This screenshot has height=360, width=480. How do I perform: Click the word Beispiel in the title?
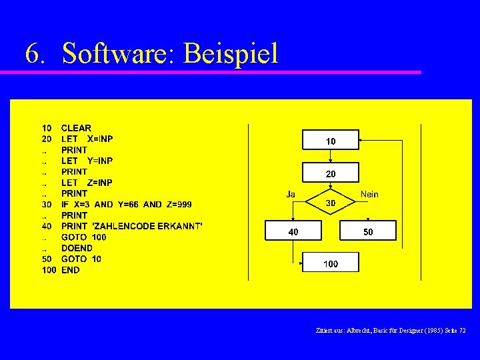[230, 53]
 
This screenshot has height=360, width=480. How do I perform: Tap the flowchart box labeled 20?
[331, 173]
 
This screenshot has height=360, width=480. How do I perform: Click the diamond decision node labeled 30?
[331, 202]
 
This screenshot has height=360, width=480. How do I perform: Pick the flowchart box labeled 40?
[293, 231]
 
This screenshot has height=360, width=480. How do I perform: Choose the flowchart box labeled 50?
[368, 231]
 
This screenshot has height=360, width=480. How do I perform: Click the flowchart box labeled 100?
[331, 262]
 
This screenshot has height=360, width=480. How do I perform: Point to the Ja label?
[291, 194]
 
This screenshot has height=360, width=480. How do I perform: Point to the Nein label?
[369, 194]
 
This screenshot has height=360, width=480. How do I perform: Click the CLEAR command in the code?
[76, 128]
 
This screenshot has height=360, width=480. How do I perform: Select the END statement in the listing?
[70, 270]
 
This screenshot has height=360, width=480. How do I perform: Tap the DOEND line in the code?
[77, 248]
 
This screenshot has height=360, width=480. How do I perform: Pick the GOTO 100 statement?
[83, 237]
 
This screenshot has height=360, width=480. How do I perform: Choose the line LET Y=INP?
[87, 161]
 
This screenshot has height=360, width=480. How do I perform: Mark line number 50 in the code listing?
[47, 259]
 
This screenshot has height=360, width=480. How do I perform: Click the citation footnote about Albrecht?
[391, 330]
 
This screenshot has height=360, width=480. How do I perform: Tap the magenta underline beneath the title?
[220, 72]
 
